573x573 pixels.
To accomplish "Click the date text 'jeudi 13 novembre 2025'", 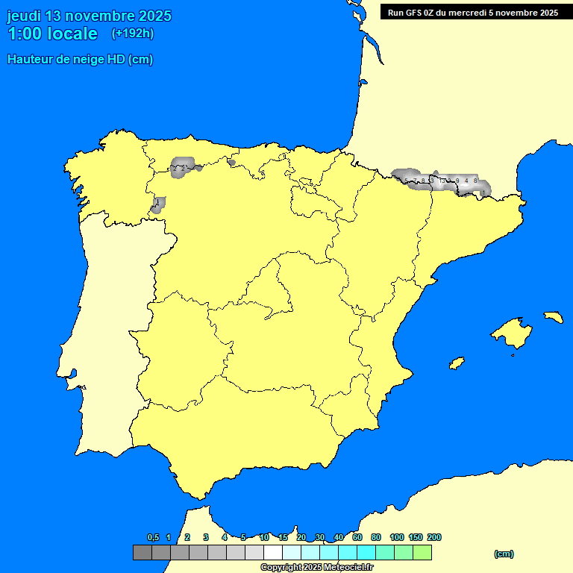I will pyautogui.click(x=89, y=16).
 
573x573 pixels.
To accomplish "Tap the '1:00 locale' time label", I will pyautogui.click(x=52, y=34).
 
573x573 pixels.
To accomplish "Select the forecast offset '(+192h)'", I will pyautogui.click(x=132, y=34).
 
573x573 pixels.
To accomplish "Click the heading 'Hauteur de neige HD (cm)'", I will pyautogui.click(x=80, y=60).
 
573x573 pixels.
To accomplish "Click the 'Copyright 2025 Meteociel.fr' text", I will pyautogui.click(x=316, y=567).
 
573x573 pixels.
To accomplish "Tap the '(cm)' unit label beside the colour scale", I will pyautogui.click(x=504, y=554).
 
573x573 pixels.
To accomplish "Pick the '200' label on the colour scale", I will pyautogui.click(x=433, y=538).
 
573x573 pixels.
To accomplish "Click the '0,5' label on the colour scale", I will pyautogui.click(x=153, y=538).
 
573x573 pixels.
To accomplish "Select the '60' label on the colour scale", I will pyautogui.click(x=357, y=538).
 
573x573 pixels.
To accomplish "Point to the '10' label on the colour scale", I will pyautogui.click(x=264, y=538).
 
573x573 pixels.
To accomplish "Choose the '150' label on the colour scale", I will pyautogui.click(x=416, y=538).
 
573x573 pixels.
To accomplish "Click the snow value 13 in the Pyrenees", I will pyautogui.click(x=442, y=181).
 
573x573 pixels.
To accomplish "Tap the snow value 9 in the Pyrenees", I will pyautogui.click(x=457, y=181).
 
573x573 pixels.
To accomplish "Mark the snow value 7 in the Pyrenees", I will pyautogui.click(x=416, y=181).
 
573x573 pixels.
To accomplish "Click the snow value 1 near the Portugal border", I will pyautogui.click(x=157, y=202).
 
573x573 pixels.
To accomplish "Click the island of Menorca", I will pyautogui.click(x=553, y=316).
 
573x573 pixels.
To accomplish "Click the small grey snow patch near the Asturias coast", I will pyautogui.click(x=231, y=162).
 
